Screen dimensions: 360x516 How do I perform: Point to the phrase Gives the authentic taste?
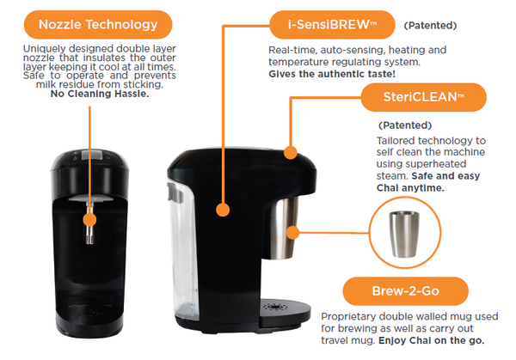click(328, 75)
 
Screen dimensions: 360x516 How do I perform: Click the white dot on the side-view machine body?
click(224, 209)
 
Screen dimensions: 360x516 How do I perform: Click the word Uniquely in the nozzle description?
click(44, 47)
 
